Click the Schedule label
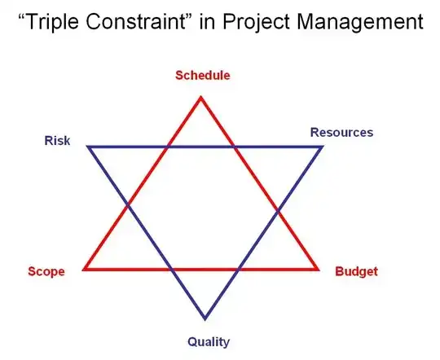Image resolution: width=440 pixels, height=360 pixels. pyautogui.click(x=203, y=76)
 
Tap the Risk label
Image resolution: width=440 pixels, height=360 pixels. pyautogui.click(x=57, y=141)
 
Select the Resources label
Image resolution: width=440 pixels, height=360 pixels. pyautogui.click(x=341, y=132)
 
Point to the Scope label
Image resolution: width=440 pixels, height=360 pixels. pyautogui.click(x=46, y=271)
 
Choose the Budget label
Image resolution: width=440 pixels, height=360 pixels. pyautogui.click(x=357, y=271)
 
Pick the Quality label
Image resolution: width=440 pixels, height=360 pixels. pyautogui.click(x=209, y=341)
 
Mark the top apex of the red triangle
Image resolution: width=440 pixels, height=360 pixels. pyautogui.click(x=201, y=98)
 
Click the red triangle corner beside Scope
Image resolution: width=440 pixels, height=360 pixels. pyautogui.click(x=84, y=269)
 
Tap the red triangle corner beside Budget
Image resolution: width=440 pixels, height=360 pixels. pyautogui.click(x=318, y=269)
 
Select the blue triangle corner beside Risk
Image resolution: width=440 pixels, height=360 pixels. pyautogui.click(x=87, y=147)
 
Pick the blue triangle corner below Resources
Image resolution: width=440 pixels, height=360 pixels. pyautogui.click(x=323, y=147)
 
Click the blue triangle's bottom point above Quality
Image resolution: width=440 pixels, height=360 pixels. pyautogui.click(x=205, y=318)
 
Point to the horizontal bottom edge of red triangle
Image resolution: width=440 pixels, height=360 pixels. pyautogui.click(x=204, y=269)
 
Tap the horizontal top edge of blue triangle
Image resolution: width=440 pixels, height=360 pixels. pyautogui.click(x=204, y=147)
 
